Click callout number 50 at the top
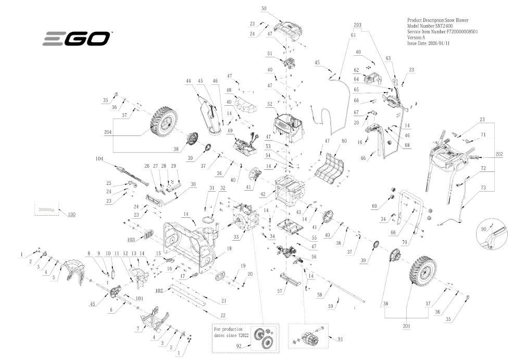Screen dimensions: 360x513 (264, 9)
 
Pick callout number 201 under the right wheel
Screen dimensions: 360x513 (407, 327)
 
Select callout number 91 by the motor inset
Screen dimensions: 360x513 (341, 339)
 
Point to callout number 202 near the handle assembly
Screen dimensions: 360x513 (499, 155)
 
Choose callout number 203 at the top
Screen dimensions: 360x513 (357, 24)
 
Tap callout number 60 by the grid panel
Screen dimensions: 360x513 (343, 141)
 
